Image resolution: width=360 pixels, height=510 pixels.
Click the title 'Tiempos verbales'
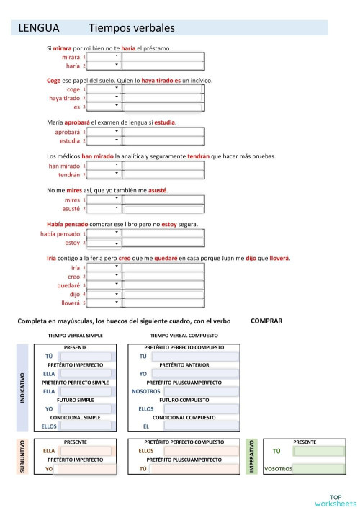tap(132, 29)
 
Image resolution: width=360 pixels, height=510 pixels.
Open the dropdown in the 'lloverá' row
tap(104, 303)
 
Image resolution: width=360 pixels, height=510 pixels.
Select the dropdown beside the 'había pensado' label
tap(104, 234)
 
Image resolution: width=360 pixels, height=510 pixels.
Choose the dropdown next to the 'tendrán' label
tap(104, 174)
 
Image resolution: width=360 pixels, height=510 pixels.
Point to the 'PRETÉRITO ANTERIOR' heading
tap(184, 365)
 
